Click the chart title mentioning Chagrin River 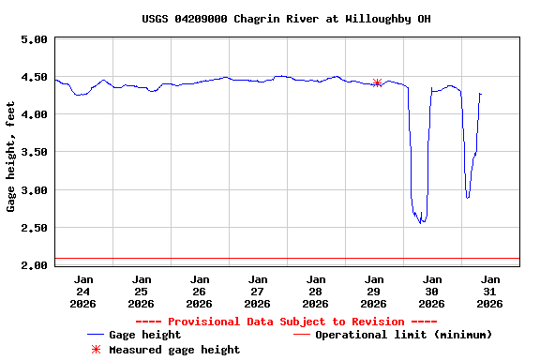287,19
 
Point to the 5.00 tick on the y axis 34,39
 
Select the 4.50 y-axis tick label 34,77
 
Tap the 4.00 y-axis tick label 34,114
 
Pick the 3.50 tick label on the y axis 34,152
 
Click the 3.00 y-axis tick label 34,189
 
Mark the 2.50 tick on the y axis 34,227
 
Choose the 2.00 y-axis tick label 34,265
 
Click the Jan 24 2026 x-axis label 82,291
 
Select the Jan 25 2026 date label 141,291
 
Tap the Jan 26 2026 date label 199,291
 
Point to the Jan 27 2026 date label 257,291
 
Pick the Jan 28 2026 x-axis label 315,291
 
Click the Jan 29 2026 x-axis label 373,291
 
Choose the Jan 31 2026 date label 489,291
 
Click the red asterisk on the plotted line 377,82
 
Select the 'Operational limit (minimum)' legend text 403,335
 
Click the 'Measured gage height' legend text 174,350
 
